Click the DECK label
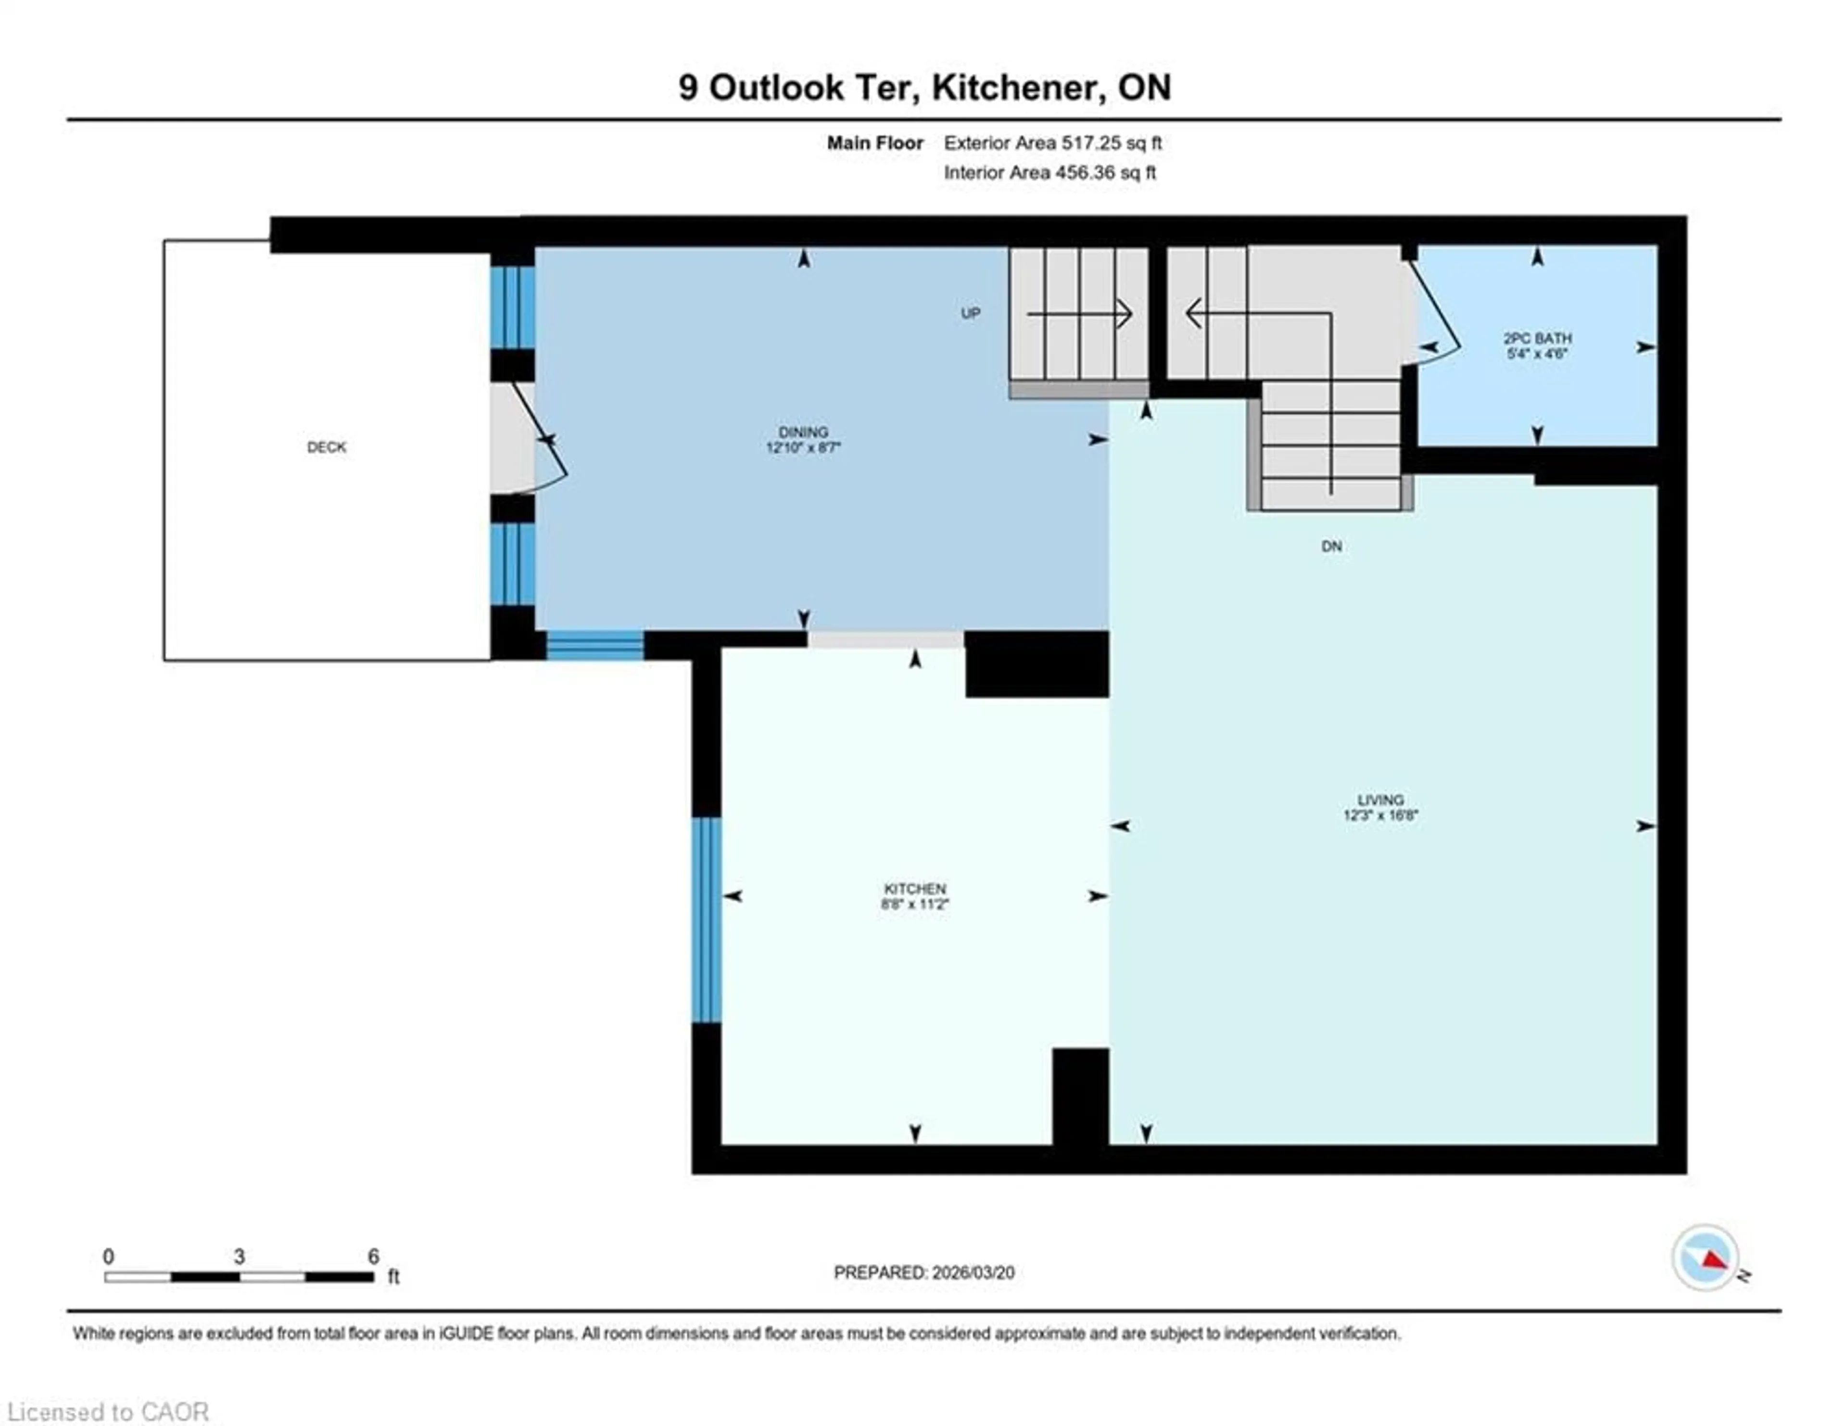[x=327, y=446]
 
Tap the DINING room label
[x=803, y=432]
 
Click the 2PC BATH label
[x=1537, y=338]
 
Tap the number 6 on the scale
[x=373, y=1257]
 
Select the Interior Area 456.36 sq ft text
[x=1050, y=173]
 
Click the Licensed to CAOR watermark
[x=108, y=1412]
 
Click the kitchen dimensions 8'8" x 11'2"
[x=914, y=904]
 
